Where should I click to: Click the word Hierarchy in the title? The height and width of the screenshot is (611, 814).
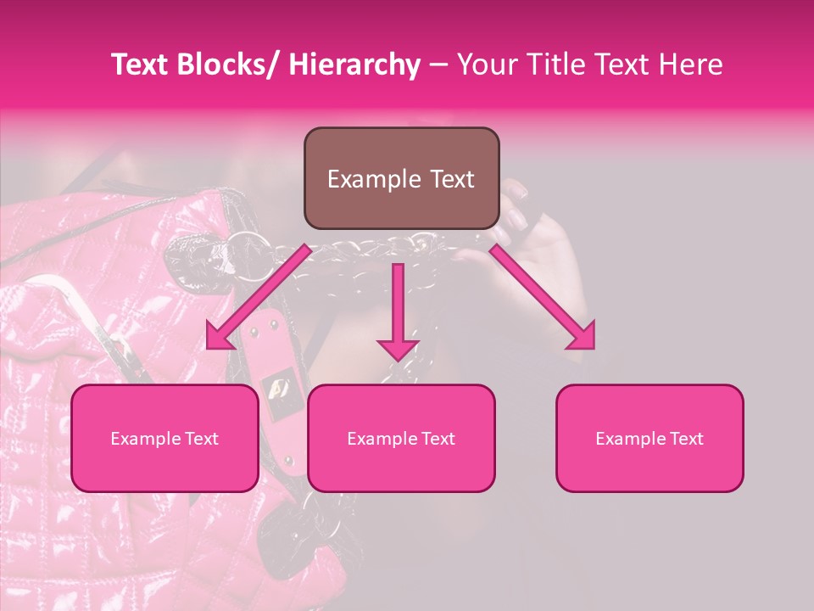[354, 64]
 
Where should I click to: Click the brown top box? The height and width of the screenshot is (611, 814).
[401, 178]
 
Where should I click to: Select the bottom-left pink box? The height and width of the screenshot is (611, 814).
[164, 438]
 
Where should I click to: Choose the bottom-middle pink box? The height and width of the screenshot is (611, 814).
[401, 438]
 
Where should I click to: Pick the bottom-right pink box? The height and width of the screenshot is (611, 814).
[650, 438]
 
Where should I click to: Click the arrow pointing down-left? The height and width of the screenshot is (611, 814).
[259, 297]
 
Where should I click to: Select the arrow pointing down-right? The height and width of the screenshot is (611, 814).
[543, 297]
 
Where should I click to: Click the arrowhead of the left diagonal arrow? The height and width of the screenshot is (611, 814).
[220, 337]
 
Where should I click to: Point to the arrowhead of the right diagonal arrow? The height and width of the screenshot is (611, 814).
[582, 336]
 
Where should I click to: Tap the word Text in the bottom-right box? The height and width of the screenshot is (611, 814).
[688, 439]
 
